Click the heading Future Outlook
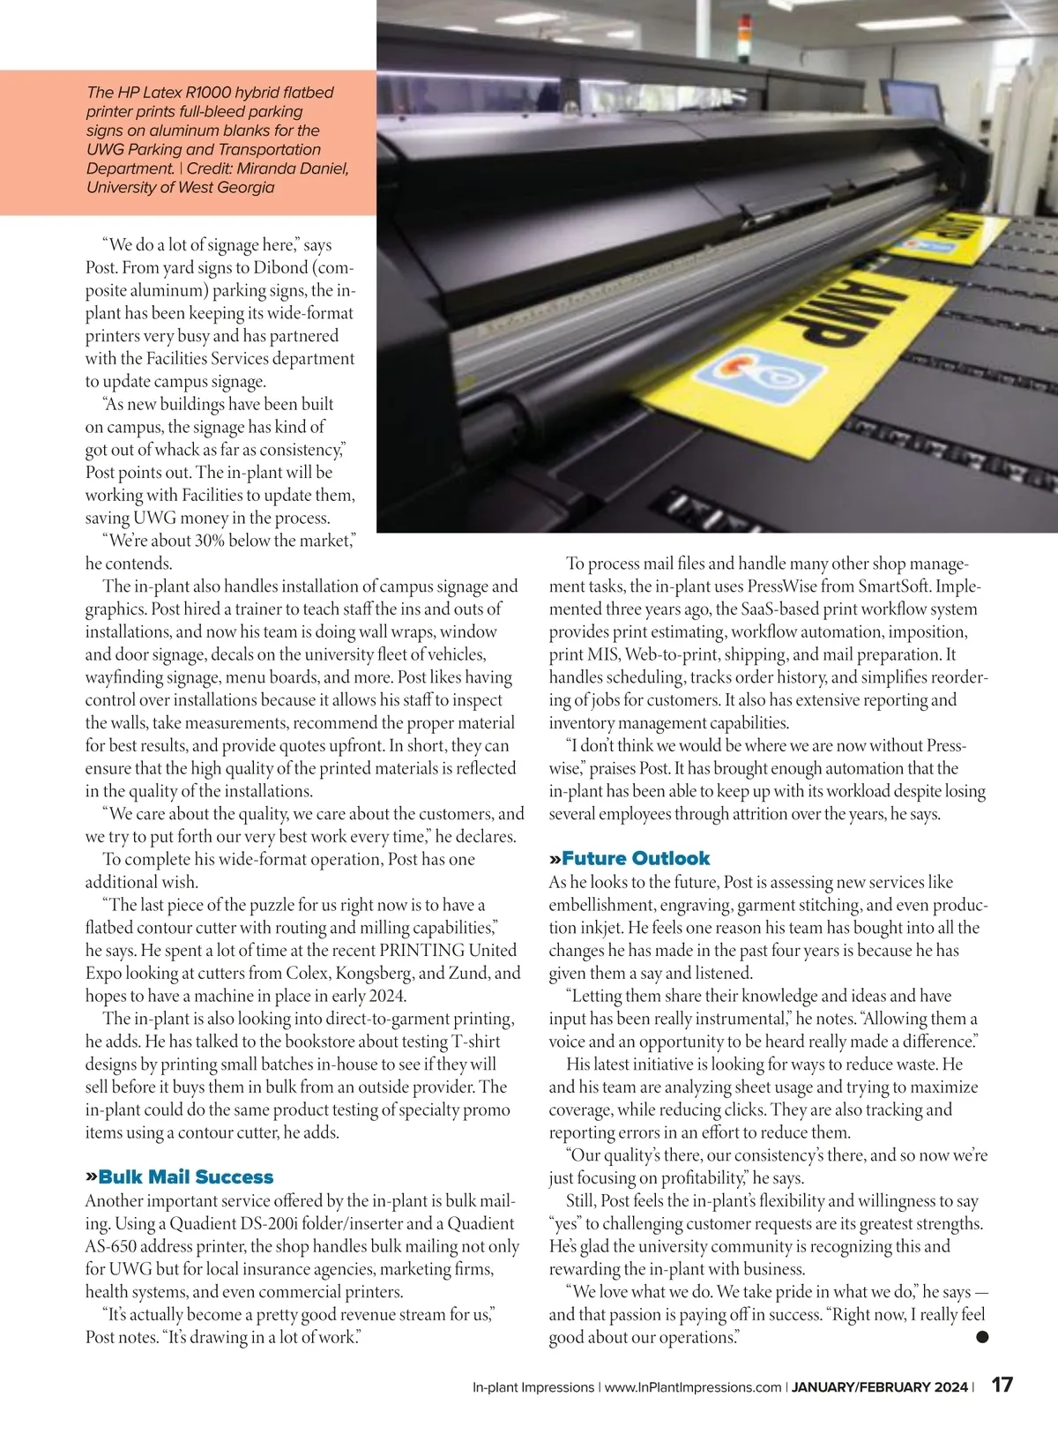(x=635, y=858)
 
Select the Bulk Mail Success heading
(x=186, y=1176)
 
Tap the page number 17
(x=1002, y=1385)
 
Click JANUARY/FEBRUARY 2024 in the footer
(x=879, y=1386)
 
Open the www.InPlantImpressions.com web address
(x=693, y=1386)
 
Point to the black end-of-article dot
(x=982, y=1337)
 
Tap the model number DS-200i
(x=276, y=1223)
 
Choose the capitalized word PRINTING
(x=422, y=950)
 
